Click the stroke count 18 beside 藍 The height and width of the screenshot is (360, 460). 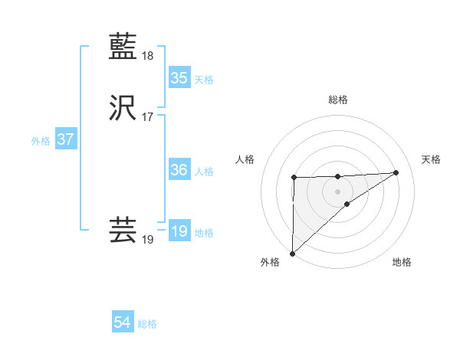point(148,56)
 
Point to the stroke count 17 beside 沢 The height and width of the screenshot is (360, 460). point(148,117)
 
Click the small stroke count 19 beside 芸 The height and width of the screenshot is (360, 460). point(148,240)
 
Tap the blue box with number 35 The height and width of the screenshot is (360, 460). point(179,78)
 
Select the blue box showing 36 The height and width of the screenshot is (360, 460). point(179,171)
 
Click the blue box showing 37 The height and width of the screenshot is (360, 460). point(65,140)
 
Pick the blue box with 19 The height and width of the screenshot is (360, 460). point(179,231)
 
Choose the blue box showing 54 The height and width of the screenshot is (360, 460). point(122,323)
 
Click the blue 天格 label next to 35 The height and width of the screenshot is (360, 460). point(204,79)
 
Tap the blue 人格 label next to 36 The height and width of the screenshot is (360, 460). point(204,172)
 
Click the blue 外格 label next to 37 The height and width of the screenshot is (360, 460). point(41,141)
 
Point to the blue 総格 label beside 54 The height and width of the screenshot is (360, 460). point(147,324)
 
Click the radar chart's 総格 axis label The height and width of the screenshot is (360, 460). point(337,100)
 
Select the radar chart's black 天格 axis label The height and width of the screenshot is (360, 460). point(432,159)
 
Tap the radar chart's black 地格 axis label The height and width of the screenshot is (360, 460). point(402,262)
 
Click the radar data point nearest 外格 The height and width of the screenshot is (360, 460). point(292,253)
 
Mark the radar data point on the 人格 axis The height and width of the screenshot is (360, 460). point(294,178)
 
